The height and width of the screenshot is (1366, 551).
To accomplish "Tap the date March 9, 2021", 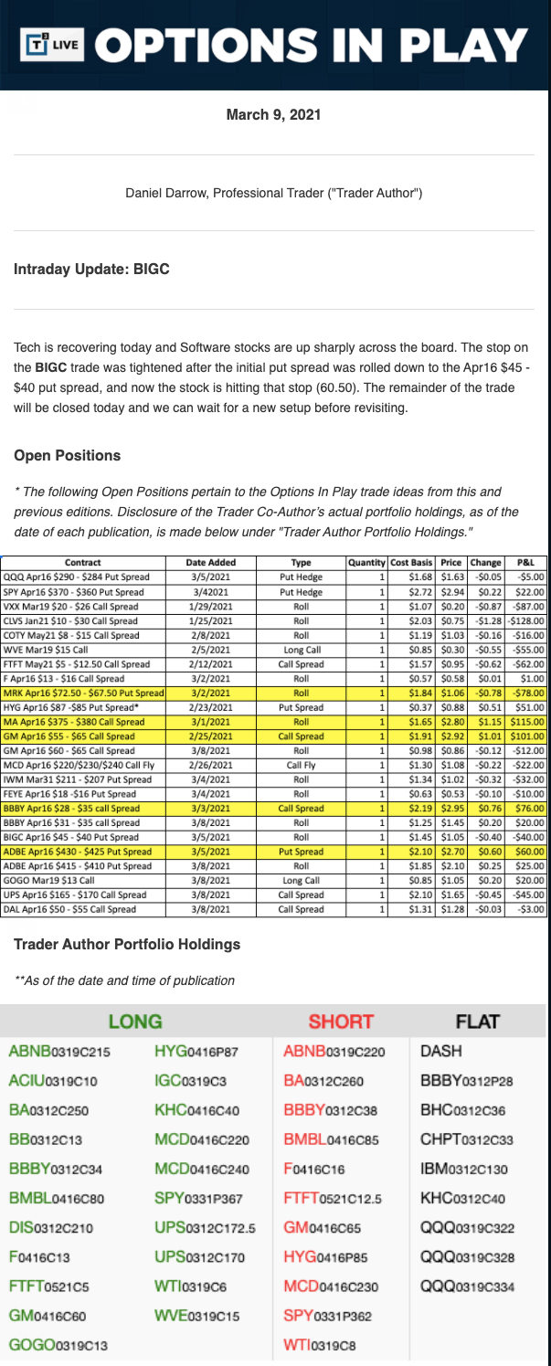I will (x=273, y=115).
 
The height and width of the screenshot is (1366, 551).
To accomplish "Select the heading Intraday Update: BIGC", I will (x=91, y=270).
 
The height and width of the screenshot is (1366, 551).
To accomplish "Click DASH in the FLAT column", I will (x=440, y=1053).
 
